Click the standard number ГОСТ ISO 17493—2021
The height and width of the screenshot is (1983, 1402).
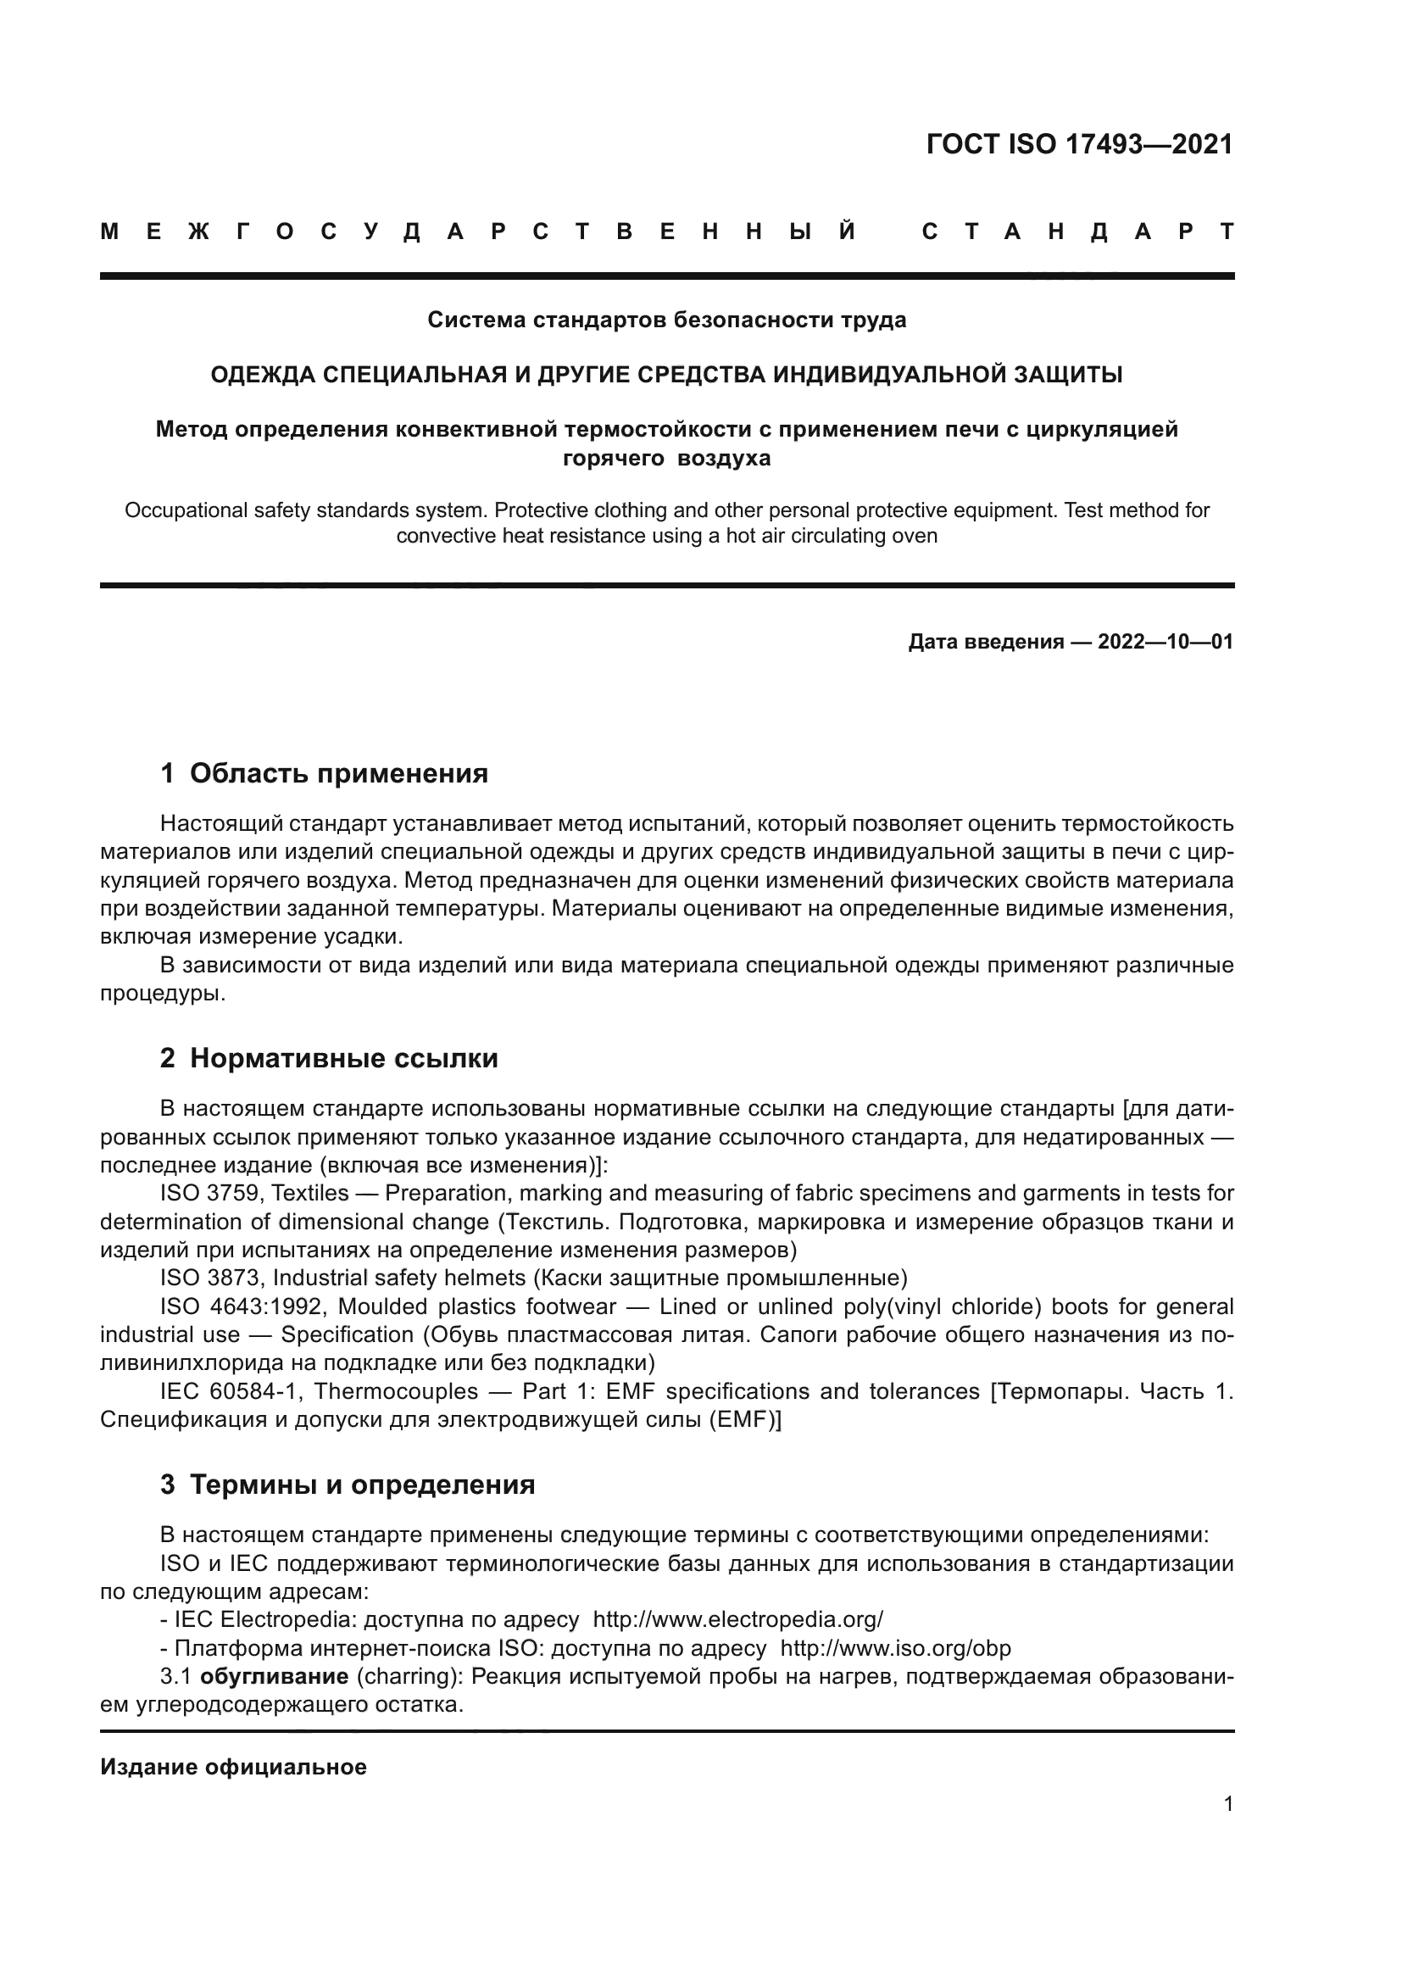(1079, 144)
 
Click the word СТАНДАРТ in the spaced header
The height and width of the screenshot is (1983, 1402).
(1077, 231)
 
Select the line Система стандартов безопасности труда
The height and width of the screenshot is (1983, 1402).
(666, 320)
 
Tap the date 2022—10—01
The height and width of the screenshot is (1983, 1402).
(1166, 642)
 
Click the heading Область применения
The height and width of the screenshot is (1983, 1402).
(338, 774)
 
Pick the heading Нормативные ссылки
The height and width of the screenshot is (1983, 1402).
(343, 1059)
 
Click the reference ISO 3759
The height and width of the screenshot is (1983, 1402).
(213, 1195)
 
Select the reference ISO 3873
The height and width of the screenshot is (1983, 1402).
(213, 1278)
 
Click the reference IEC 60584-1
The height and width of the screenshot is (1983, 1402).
(228, 1391)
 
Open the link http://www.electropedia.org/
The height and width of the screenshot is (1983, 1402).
(738, 1619)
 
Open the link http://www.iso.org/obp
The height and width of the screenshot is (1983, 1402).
(895, 1648)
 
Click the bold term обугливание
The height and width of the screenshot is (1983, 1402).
(274, 1677)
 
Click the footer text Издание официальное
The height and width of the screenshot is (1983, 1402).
(233, 1767)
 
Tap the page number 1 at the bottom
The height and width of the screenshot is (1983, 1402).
(1227, 1804)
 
